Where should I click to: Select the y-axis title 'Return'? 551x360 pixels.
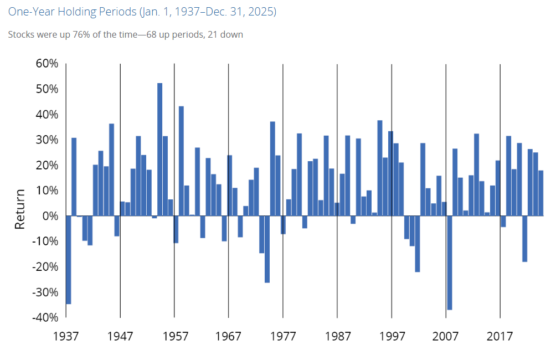[20, 209]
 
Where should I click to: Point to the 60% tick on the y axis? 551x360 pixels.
[47, 64]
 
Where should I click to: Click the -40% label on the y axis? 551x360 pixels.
[45, 317]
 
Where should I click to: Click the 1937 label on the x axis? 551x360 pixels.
[66, 336]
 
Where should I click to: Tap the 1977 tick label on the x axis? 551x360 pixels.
[283, 336]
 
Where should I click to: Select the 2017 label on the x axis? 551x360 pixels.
[500, 336]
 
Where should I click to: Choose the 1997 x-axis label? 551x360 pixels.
[392, 336]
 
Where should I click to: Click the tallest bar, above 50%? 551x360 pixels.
[160, 150]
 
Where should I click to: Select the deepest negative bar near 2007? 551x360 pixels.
[450, 263]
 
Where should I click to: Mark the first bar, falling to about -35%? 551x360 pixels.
[69, 260]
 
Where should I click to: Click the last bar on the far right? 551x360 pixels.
[541, 193]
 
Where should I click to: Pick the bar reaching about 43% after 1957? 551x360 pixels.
[182, 161]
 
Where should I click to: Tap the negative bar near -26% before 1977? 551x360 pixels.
[267, 249]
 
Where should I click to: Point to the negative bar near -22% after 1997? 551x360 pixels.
[418, 244]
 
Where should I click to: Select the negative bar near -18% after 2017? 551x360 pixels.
[524, 239]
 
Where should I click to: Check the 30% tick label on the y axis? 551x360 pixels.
[47, 140]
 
